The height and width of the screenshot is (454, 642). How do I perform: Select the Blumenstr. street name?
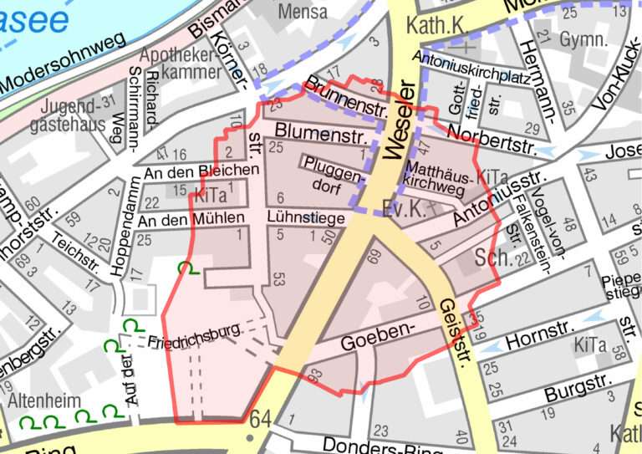coord(310,132)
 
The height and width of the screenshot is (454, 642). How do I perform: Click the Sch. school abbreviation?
coord(492,258)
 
